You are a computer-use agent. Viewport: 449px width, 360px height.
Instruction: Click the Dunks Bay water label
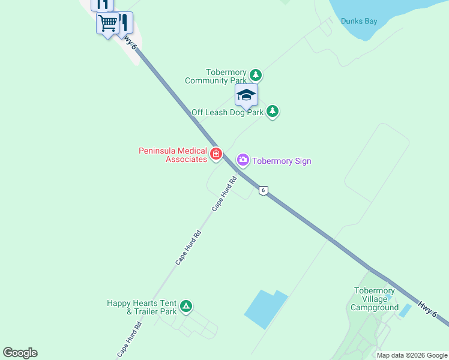pyautogui.click(x=359, y=21)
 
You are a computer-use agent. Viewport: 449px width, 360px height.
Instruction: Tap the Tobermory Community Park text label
pyautogui.click(x=215, y=76)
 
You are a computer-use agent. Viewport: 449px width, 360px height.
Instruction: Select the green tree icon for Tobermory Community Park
pyautogui.click(x=256, y=75)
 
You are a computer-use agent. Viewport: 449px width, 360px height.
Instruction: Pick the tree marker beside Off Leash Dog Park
pyautogui.click(x=273, y=111)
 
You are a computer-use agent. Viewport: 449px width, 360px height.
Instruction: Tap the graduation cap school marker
pyautogui.click(x=246, y=96)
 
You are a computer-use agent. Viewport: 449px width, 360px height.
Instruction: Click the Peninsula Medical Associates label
pyautogui.click(x=172, y=155)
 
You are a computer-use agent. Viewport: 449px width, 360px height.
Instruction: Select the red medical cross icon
pyautogui.click(x=215, y=154)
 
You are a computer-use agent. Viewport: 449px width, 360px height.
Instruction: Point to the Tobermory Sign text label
pyautogui.click(x=281, y=161)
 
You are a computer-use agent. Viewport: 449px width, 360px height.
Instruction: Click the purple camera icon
pyautogui.click(x=243, y=160)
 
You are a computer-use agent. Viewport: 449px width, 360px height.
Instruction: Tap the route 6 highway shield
pyautogui.click(x=263, y=190)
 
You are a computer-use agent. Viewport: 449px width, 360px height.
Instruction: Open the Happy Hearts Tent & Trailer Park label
pyautogui.click(x=142, y=307)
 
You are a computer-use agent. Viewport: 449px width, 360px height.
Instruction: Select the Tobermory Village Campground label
pyautogui.click(x=375, y=299)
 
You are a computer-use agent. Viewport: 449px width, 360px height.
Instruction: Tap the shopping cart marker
pyautogui.click(x=107, y=24)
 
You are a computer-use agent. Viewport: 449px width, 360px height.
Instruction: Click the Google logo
pyautogui.click(x=20, y=353)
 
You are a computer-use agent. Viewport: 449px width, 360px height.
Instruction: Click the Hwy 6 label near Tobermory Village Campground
pyautogui.click(x=426, y=310)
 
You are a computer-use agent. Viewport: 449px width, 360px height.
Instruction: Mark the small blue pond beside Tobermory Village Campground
pyautogui.click(x=405, y=310)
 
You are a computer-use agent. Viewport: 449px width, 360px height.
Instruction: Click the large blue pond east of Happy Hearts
pyautogui.click(x=264, y=309)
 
